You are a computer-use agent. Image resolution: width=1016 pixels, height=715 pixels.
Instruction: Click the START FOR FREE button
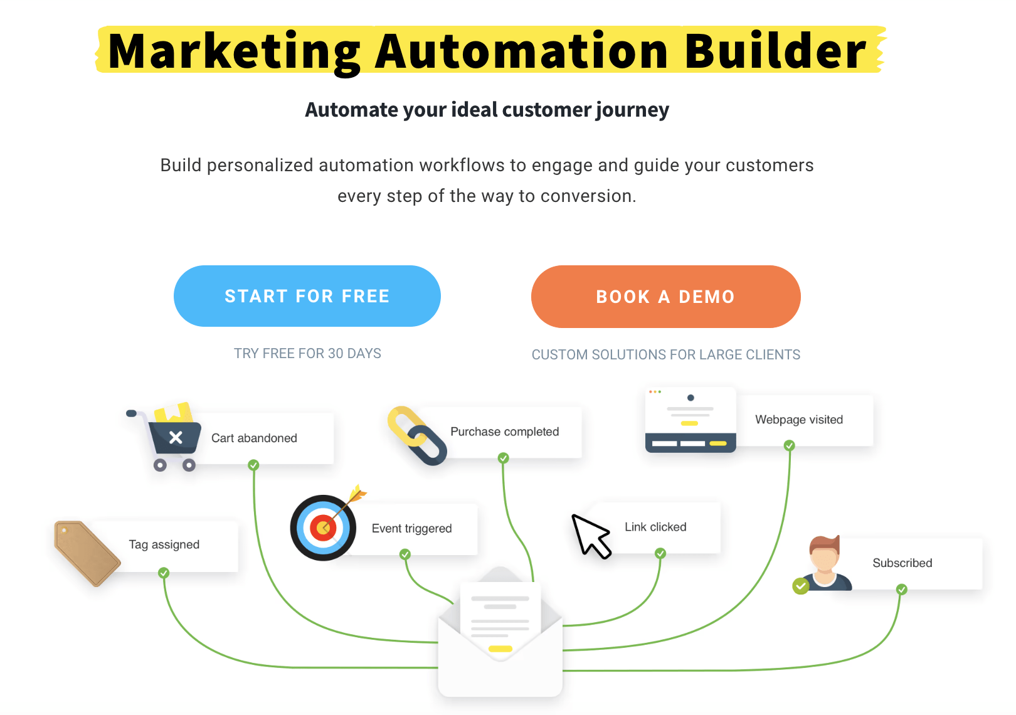coord(307,296)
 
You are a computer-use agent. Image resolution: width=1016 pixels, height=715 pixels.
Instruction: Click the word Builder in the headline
coord(776,51)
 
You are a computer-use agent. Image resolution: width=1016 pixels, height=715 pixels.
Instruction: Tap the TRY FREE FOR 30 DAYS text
coord(307,353)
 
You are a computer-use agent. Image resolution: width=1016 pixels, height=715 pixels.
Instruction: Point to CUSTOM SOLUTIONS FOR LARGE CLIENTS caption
coord(666,354)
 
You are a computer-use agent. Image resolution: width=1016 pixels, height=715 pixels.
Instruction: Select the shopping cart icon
coord(166,437)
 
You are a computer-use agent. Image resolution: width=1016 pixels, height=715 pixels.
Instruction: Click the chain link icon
coord(417,435)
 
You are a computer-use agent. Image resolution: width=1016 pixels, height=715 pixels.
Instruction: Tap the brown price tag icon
coord(87,553)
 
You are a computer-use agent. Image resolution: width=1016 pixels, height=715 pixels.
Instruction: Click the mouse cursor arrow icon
coord(591,536)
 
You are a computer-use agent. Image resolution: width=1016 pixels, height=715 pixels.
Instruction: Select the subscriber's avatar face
coord(825,558)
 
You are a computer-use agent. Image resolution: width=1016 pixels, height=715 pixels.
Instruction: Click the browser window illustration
coord(691,420)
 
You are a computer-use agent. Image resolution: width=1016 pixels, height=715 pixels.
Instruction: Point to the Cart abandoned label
coord(254,438)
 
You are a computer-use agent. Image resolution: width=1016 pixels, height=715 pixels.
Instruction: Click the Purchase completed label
coord(504,432)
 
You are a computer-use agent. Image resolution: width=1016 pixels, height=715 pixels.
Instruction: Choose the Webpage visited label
coord(799,420)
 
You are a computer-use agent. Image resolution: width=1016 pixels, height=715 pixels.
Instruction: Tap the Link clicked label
coord(655,527)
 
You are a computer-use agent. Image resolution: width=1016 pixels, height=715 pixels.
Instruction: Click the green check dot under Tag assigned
coord(164,573)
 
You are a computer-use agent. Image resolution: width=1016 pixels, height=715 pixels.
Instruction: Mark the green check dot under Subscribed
coord(902,590)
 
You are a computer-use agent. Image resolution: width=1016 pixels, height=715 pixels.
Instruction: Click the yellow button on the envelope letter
coord(500,649)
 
